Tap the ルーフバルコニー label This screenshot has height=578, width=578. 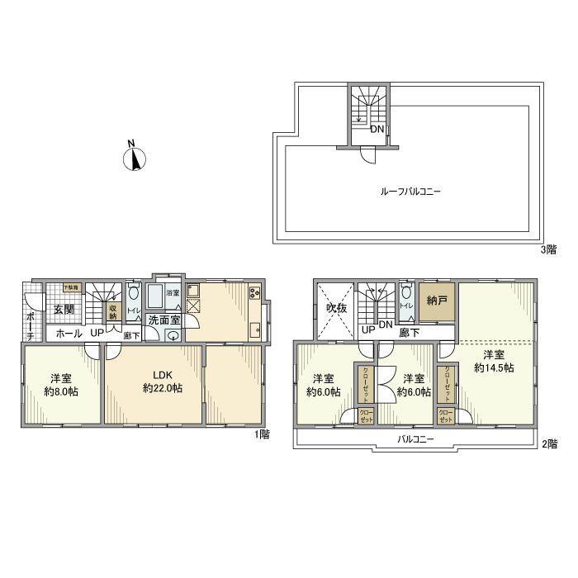tap(410, 191)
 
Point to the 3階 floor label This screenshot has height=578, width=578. tap(549, 249)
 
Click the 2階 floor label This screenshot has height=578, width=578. tap(549, 444)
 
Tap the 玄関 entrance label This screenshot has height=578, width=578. tap(64, 310)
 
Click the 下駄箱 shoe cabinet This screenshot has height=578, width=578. tap(73, 288)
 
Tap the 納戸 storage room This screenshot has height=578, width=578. tap(438, 302)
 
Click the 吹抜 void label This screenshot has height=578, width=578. tap(334, 310)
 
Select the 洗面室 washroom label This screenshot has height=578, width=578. tap(164, 320)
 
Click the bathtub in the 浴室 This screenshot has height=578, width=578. tap(155, 296)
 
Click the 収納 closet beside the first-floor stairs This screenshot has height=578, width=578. tap(113, 311)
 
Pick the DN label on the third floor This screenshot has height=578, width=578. tap(376, 130)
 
